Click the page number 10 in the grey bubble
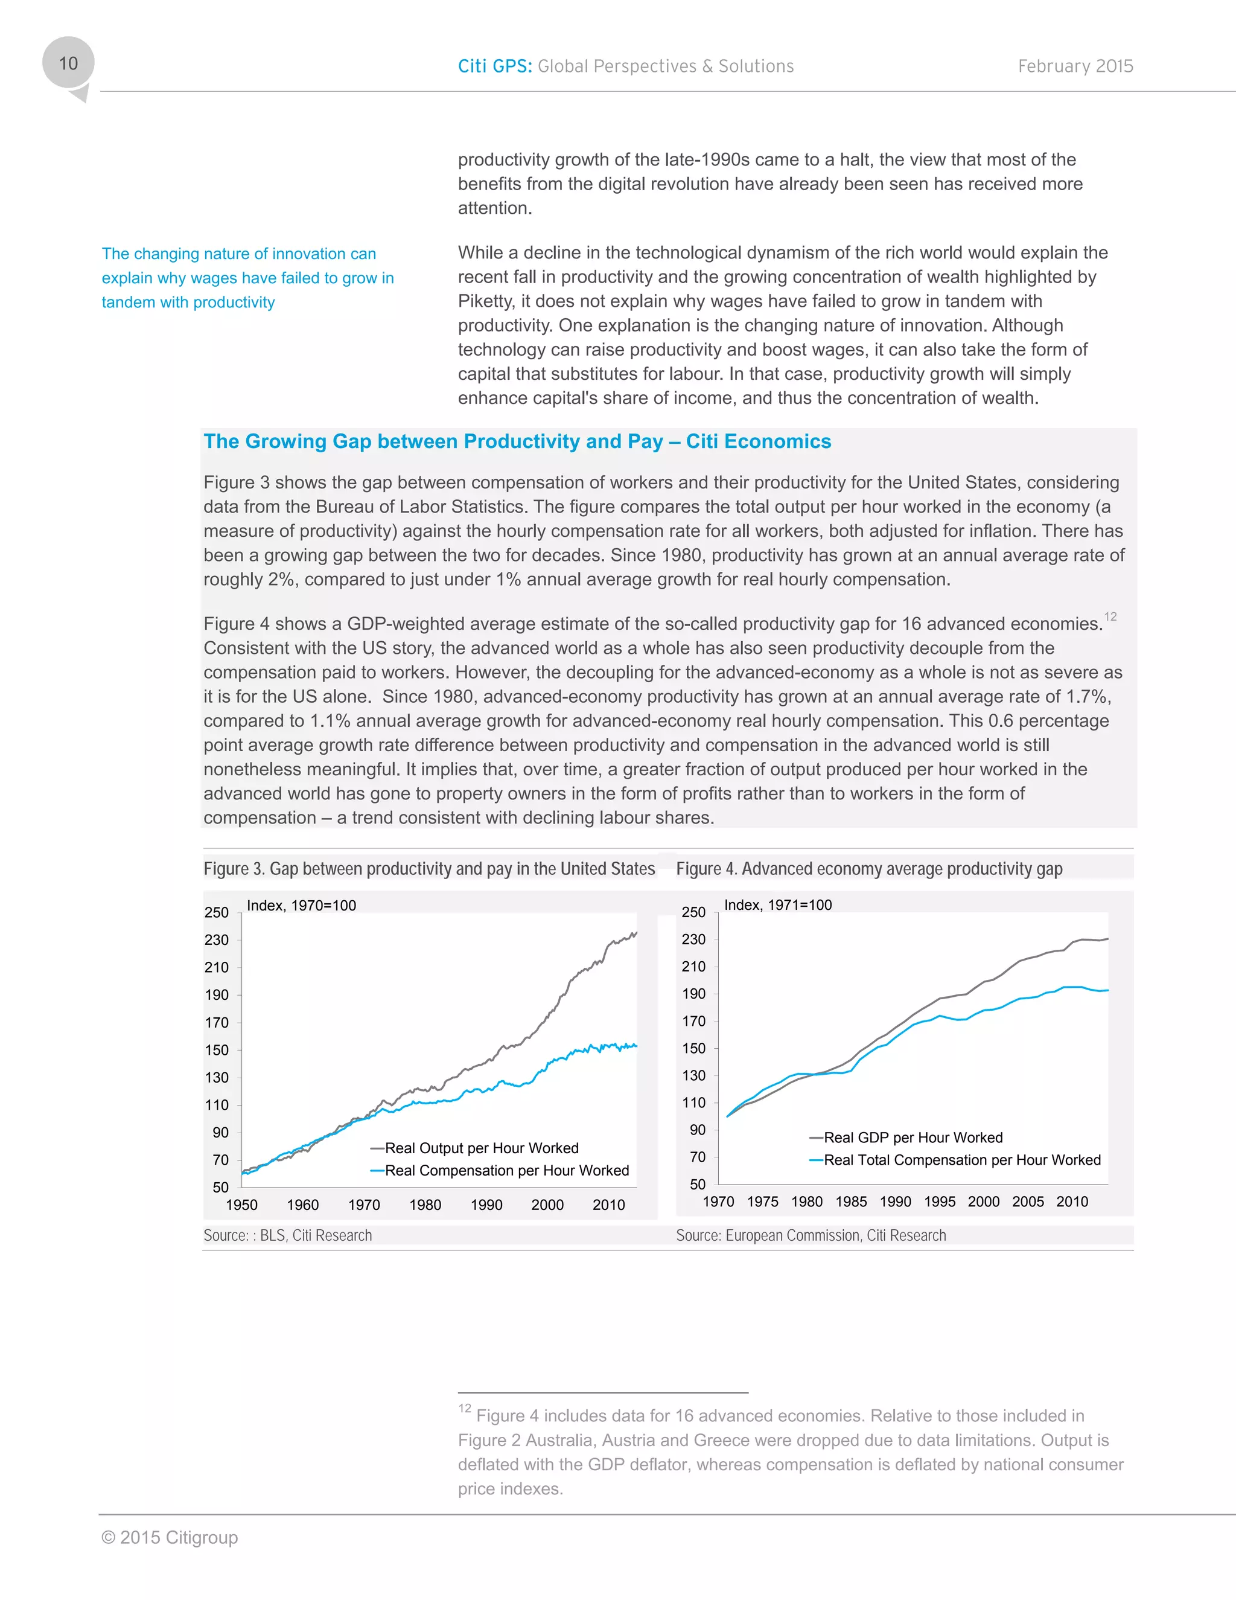point(68,64)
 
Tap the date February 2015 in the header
point(1075,66)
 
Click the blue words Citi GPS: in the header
point(495,66)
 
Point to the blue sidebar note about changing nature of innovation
point(247,278)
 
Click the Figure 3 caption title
point(429,869)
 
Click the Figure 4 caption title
point(868,869)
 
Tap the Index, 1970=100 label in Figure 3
point(302,906)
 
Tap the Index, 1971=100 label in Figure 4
point(777,905)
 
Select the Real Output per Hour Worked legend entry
point(481,1148)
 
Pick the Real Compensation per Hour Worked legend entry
point(507,1171)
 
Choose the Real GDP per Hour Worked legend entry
point(913,1138)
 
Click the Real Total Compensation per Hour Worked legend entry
point(961,1160)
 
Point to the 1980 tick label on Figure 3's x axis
point(425,1205)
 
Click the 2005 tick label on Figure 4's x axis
point(1027,1202)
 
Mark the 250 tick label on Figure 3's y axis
point(217,913)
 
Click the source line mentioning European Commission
point(811,1236)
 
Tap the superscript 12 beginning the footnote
point(464,1409)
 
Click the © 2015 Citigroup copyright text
point(169,1538)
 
